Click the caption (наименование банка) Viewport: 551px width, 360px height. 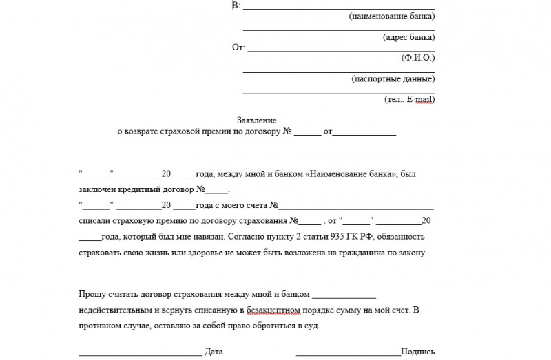click(x=391, y=16)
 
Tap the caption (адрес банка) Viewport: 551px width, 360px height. click(x=408, y=37)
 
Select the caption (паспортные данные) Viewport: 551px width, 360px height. click(x=393, y=78)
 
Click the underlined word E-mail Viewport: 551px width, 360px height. click(x=419, y=99)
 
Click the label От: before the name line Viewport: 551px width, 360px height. click(x=238, y=47)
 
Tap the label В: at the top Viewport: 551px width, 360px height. click(x=237, y=6)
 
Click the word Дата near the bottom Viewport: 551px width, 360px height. click(x=214, y=352)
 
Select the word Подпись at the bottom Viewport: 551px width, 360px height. click(x=417, y=352)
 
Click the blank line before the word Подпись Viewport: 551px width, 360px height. click(x=348, y=353)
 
